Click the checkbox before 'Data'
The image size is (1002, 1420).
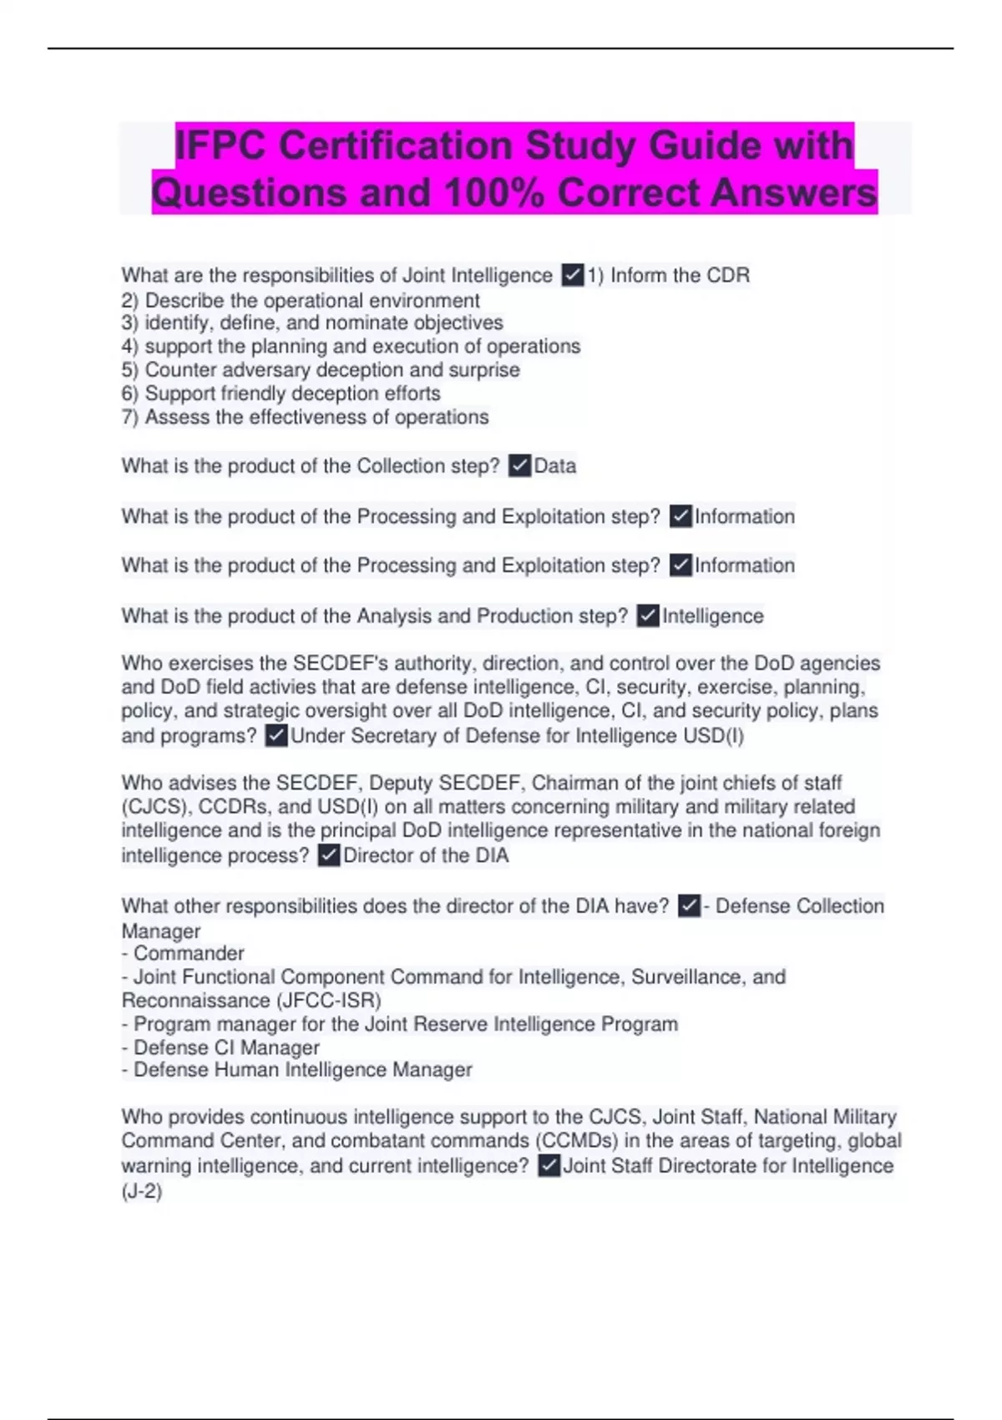pos(519,465)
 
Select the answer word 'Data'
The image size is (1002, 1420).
pos(555,466)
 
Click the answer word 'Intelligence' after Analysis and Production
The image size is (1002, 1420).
pos(713,616)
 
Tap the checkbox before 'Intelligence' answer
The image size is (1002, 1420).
pos(648,616)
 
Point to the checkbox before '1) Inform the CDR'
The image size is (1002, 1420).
pos(573,275)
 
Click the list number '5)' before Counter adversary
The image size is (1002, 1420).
pos(130,370)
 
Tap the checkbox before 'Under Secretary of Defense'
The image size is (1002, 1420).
pos(276,736)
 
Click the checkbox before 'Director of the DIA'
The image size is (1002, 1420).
pos(329,855)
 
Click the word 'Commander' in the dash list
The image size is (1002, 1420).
pos(189,953)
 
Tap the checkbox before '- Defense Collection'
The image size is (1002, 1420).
pos(689,905)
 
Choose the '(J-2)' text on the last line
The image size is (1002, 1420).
pos(142,1191)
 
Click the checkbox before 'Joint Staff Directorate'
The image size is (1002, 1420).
pos(549,1166)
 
